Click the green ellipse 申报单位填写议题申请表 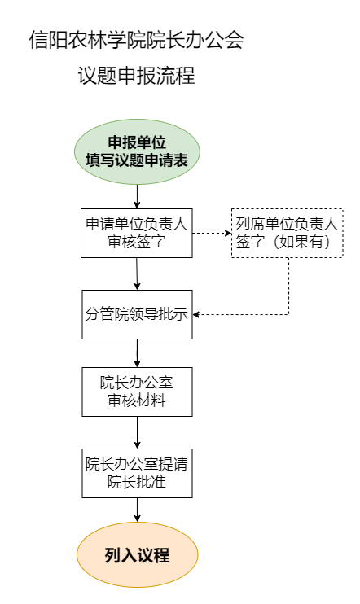(137, 151)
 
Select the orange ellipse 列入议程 (137, 554)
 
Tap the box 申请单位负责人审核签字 (137, 233)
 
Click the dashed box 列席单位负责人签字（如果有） (288, 233)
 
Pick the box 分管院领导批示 (137, 314)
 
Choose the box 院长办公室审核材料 (137, 392)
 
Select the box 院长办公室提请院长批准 (137, 473)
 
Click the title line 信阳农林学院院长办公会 (137, 39)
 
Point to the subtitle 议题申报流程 (137, 75)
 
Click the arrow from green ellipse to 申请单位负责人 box (137, 196)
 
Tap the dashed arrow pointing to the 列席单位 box (212, 233)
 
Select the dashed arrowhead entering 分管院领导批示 (195, 315)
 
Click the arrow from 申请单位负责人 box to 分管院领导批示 (137, 274)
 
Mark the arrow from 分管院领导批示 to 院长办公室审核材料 (137, 353)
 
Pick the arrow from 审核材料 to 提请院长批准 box (137, 432)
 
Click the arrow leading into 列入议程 (137, 510)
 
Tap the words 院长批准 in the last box (137, 482)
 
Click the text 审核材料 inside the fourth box (137, 400)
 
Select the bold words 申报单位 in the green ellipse (137, 142)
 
